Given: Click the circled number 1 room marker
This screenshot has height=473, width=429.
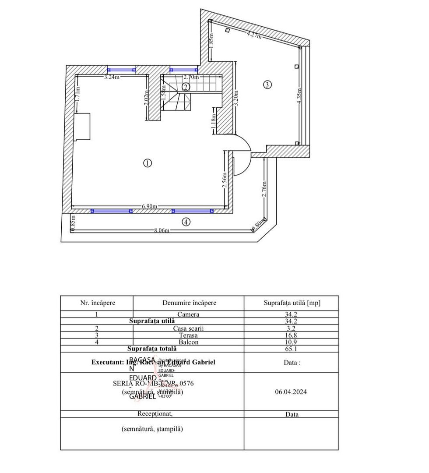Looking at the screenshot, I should coord(147,163).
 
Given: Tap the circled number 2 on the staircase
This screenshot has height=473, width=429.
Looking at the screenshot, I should coord(186,87).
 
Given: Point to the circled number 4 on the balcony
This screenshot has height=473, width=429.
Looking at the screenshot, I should coord(186,222).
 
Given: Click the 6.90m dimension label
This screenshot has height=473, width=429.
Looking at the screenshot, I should coord(150,206).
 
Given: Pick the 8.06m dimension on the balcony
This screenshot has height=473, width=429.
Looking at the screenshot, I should coord(162,230).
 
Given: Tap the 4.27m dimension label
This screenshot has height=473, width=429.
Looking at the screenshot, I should coord(254,35).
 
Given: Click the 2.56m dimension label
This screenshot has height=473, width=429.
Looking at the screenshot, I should coord(225,180).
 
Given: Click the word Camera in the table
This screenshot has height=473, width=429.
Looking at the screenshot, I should coord(188,314).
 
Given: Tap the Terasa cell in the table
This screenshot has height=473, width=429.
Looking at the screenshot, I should coord(188,335).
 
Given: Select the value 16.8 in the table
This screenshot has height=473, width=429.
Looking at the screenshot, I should coord(291,335).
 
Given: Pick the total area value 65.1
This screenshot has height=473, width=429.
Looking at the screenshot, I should coord(291,349).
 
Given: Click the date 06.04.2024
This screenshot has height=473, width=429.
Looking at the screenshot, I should coord(291,392).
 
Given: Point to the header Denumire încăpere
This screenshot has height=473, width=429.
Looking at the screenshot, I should coord(189,303).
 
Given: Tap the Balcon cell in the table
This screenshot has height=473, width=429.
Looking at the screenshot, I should coord(188,342).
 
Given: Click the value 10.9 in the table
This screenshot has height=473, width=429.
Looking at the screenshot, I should coord(291,342).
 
